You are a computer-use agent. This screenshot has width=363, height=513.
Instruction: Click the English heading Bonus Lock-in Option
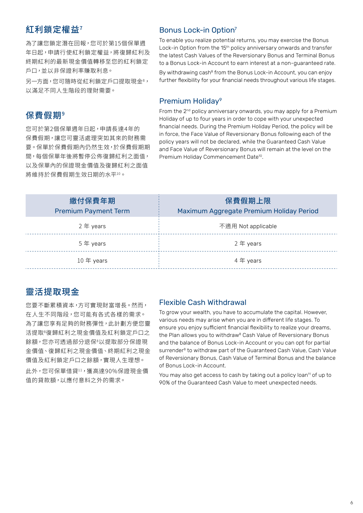197,30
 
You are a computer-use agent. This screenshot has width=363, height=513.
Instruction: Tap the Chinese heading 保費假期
44,115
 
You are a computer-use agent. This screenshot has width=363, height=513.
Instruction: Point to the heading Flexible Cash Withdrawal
202,302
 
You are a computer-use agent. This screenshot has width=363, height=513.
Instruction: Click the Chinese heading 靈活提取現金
52,292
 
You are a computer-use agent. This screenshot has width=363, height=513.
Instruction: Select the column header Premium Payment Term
92,211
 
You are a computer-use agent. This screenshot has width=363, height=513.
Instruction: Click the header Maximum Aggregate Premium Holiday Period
248,211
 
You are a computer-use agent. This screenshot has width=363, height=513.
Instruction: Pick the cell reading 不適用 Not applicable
248,226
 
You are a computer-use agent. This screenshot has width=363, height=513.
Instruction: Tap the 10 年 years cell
92,261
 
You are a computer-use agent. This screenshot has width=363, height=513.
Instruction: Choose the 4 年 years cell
248,261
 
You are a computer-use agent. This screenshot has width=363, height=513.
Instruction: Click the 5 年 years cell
92,244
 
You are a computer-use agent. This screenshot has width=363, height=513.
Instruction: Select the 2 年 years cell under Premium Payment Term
92,226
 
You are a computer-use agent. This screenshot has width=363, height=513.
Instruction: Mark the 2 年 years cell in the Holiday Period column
248,244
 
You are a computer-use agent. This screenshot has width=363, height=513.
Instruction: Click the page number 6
351,503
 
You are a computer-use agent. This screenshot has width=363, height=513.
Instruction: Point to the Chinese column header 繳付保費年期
92,201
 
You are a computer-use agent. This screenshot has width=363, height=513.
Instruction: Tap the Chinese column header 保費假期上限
248,201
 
